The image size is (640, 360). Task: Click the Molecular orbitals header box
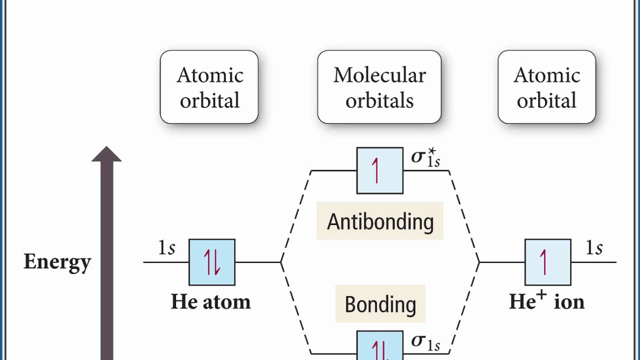(x=379, y=87)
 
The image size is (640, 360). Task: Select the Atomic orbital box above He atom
(x=209, y=87)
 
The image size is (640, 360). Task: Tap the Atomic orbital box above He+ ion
(x=546, y=87)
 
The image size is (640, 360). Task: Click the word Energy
(x=57, y=261)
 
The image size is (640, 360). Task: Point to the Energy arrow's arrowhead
(x=106, y=154)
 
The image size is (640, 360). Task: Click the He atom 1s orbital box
(x=211, y=262)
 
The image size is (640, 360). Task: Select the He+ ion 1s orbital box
(x=547, y=262)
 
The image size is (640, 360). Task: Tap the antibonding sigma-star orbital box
(x=379, y=170)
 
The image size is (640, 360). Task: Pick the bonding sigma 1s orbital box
(x=379, y=346)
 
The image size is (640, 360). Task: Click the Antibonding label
(x=380, y=221)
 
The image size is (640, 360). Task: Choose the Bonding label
(x=380, y=304)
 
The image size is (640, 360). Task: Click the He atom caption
(x=210, y=301)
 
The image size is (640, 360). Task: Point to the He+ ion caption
(x=546, y=301)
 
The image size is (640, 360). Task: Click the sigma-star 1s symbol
(x=425, y=157)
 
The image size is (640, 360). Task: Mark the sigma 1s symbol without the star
(x=425, y=341)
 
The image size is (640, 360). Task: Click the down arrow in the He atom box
(x=217, y=262)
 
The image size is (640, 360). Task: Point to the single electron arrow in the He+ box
(x=543, y=262)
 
